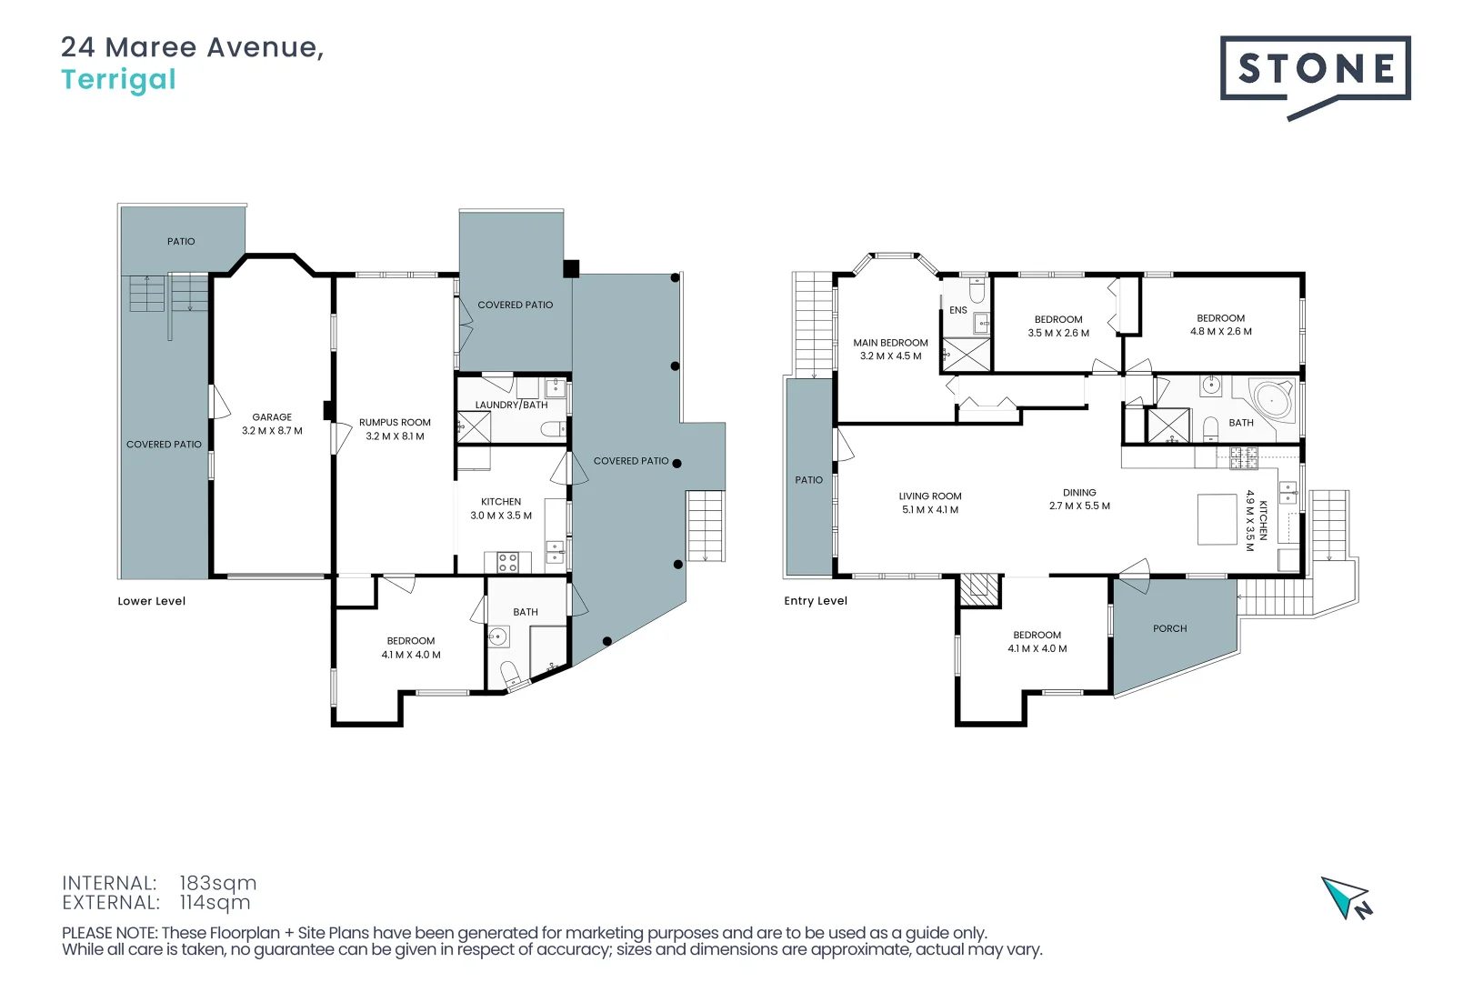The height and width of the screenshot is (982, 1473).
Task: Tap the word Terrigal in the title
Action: pos(118,80)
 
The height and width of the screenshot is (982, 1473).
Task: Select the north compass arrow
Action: pos(1346,897)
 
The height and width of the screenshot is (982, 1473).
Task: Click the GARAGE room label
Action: pos(272,417)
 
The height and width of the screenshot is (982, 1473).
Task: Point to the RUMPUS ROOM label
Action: pos(395,422)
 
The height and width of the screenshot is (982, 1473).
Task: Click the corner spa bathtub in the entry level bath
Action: pos(1272,398)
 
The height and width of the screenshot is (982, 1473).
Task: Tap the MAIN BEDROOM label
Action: pos(890,343)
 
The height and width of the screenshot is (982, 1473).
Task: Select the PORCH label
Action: pos(1170,629)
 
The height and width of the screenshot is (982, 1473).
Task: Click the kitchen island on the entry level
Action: pos(1217,519)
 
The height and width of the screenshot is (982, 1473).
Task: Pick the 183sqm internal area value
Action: pos(218,883)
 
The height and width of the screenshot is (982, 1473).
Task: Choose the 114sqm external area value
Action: pos(215,902)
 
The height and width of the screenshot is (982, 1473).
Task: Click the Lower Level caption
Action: pos(151,601)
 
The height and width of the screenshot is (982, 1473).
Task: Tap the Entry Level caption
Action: pos(816,600)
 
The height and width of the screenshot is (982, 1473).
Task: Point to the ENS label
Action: pos(958,310)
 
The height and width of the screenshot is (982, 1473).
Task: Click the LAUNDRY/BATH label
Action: pos(512,406)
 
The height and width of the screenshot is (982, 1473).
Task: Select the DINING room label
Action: pos(1079,493)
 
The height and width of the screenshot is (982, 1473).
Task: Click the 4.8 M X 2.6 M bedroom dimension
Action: pos(1220,332)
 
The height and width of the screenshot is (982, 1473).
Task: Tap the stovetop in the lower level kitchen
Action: pos(507,562)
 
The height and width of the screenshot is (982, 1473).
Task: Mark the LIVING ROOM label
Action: pos(930,496)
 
